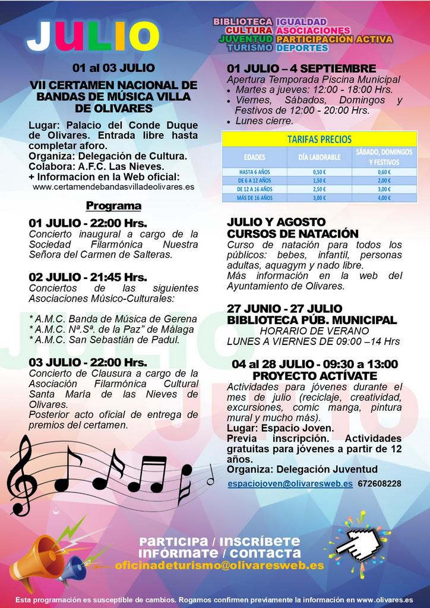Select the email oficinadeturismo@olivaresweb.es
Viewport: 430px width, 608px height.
(220, 566)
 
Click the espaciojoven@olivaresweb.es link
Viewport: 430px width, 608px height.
(290, 484)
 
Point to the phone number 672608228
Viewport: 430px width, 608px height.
(380, 484)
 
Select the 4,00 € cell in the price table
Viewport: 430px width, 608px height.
(384, 198)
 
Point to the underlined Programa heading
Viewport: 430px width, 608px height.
(113, 206)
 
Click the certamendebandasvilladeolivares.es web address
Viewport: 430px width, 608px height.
(113, 186)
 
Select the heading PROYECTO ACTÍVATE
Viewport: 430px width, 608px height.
(315, 376)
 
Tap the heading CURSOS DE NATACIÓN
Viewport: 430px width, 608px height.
(293, 233)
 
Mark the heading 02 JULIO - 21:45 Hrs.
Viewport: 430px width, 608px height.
(88, 277)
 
